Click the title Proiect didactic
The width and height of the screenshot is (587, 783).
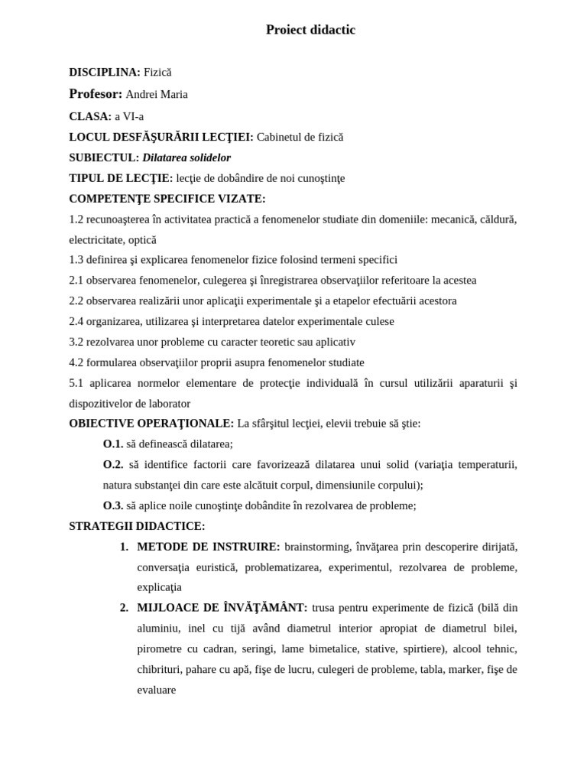[x=310, y=30]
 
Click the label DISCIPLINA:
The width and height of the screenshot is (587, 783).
[x=105, y=72]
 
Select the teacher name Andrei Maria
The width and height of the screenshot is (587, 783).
[x=157, y=94]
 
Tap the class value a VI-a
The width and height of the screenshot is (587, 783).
[x=129, y=116]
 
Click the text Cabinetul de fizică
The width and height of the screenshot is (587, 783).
[x=300, y=137]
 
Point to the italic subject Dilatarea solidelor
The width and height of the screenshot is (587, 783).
[x=186, y=158]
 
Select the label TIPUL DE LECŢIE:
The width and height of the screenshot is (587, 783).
[x=121, y=178]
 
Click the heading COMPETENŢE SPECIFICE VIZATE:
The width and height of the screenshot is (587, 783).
[x=167, y=199]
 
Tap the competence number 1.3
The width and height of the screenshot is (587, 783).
[x=76, y=260]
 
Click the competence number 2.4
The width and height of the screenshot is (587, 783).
[x=76, y=321]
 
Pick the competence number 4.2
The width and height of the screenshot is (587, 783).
[x=76, y=362]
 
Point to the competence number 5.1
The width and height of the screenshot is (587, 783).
[x=76, y=383]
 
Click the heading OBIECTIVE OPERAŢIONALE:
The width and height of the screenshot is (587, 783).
[x=151, y=424]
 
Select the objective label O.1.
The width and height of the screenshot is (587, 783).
[x=113, y=444]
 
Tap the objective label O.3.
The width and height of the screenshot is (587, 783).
[x=113, y=505]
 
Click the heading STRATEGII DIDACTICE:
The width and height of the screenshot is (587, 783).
[x=137, y=526]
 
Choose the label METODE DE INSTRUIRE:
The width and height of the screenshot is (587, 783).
[x=209, y=547]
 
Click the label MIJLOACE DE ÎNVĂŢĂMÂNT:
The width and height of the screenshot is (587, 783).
[x=222, y=608]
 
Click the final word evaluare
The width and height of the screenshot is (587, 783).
[x=157, y=690]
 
